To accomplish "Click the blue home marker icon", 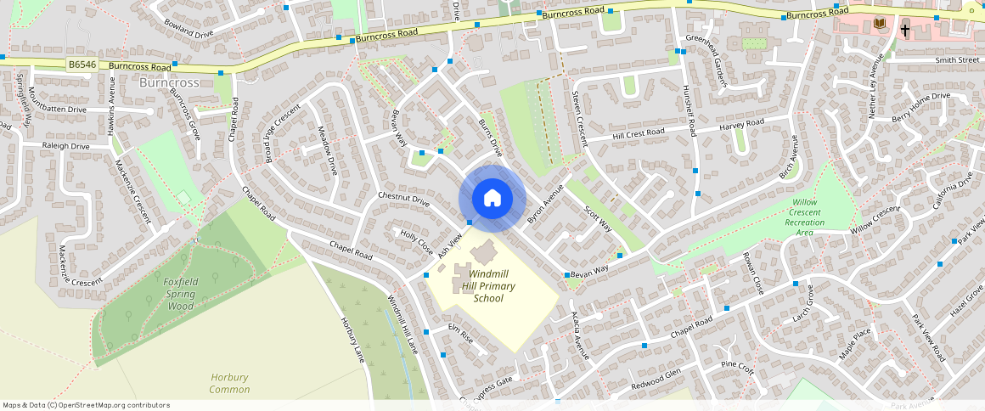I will point(492,199).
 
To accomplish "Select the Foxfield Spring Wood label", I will point(181,294).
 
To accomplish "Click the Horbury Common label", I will point(230,383).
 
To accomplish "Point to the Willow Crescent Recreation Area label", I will point(804,217).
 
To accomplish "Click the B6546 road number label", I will point(83,65).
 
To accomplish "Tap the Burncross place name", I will point(168,83).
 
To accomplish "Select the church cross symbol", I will point(905,30).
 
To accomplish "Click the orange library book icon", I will point(880,23).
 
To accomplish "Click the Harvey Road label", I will point(741,124).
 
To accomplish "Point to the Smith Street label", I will point(957,60).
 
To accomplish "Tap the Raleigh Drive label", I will point(66,146).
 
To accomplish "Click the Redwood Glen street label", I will point(656,379).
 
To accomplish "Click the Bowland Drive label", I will point(189,29).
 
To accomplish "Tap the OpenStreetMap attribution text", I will point(87,405).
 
